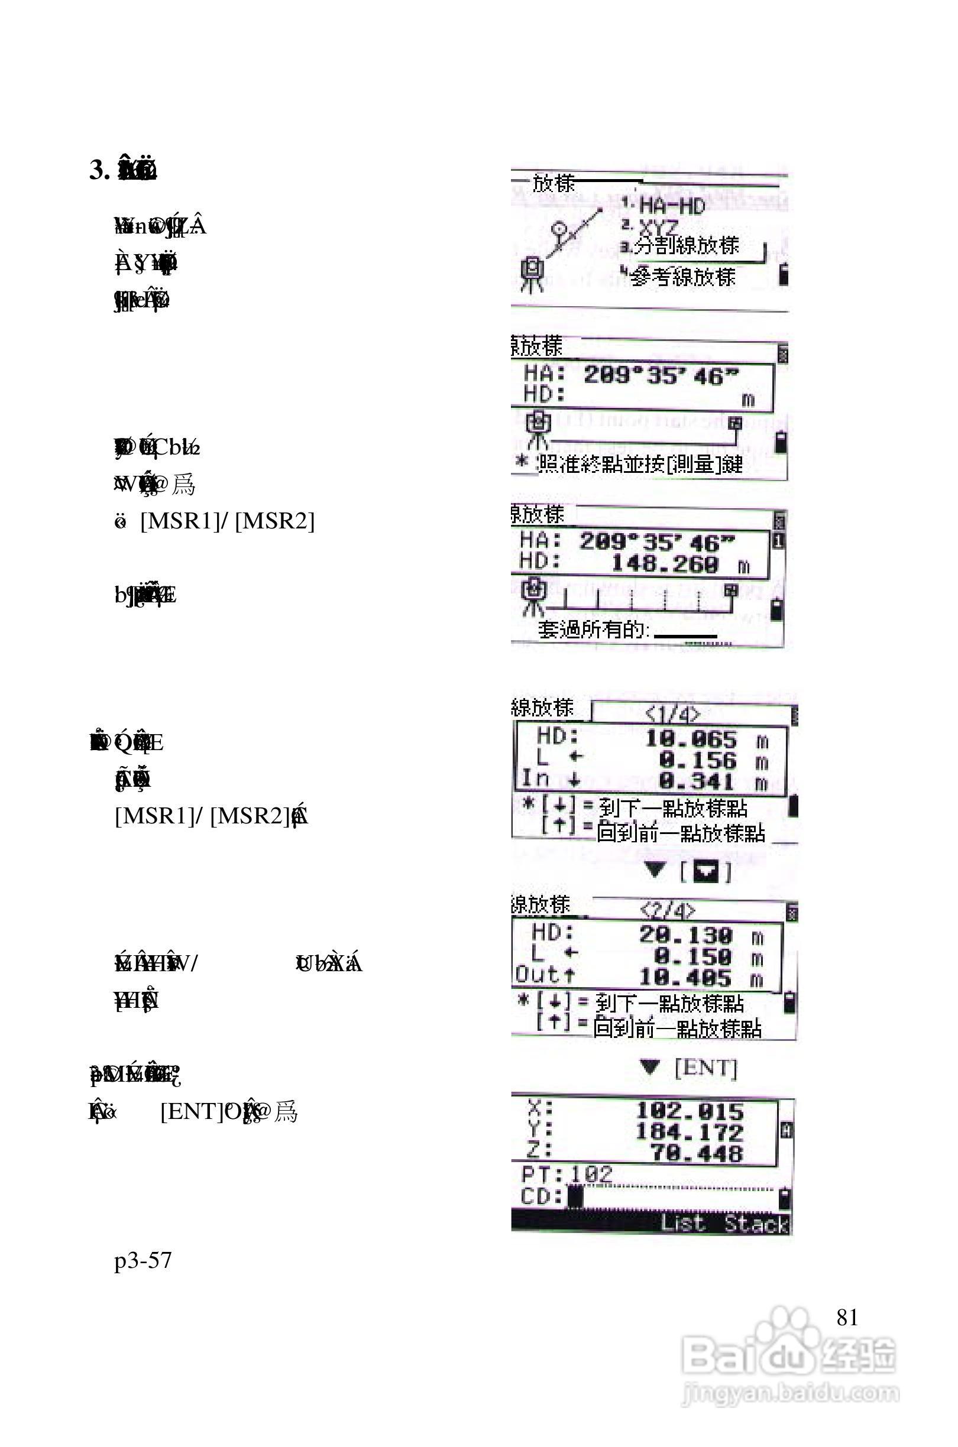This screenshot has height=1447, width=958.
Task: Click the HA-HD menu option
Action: point(671,206)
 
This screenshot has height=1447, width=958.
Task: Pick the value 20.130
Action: point(685,935)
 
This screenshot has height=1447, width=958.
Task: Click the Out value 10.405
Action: point(685,978)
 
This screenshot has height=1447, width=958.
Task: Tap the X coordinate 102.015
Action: point(689,1111)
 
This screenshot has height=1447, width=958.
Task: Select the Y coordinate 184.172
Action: point(689,1133)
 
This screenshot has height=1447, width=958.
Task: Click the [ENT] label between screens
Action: point(705,1068)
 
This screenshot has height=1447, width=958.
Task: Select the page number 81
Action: point(847,1318)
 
